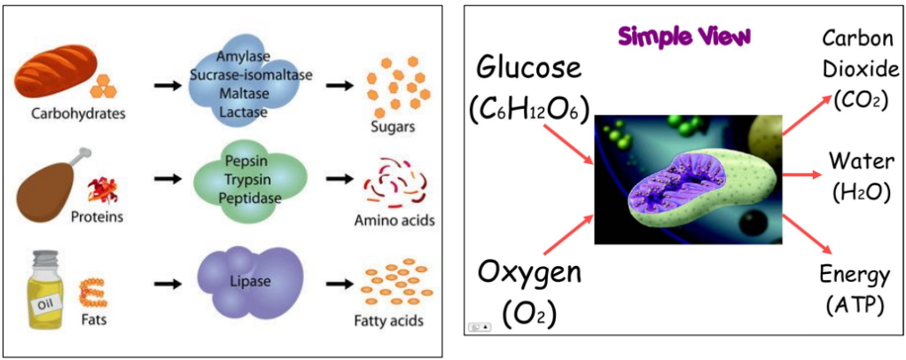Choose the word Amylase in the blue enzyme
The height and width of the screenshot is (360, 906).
[x=250, y=58]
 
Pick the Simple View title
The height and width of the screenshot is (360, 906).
[x=684, y=36]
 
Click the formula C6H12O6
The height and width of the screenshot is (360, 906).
[x=527, y=110]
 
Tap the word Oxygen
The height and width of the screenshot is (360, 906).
[x=529, y=271]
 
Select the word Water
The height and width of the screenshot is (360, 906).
[x=855, y=161]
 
